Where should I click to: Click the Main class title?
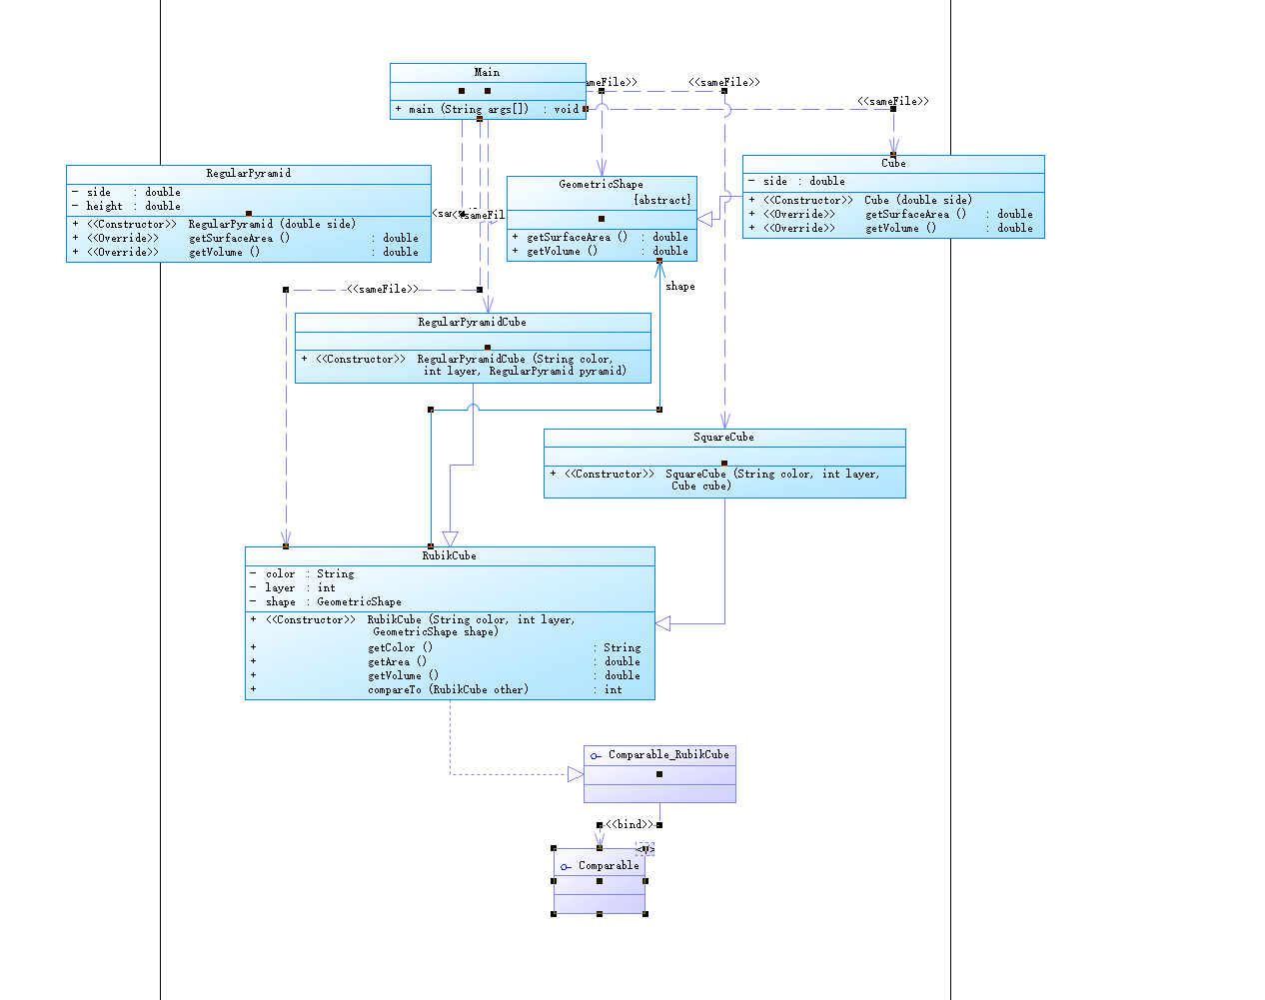coord(487,72)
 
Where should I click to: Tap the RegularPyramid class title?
coord(248,173)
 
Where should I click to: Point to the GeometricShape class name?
coord(601,184)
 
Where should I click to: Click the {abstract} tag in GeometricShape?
coord(661,200)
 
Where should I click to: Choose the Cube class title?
coord(893,163)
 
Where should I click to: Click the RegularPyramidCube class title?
coord(472,322)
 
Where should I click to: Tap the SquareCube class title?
coord(723,437)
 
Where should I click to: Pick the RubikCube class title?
coord(449,555)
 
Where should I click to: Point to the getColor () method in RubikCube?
coord(400,647)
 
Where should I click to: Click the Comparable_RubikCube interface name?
coord(668,754)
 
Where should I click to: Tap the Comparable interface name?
coord(608,865)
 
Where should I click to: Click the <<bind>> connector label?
coord(630,824)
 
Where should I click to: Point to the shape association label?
coord(679,286)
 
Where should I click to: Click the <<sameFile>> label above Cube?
coord(892,101)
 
